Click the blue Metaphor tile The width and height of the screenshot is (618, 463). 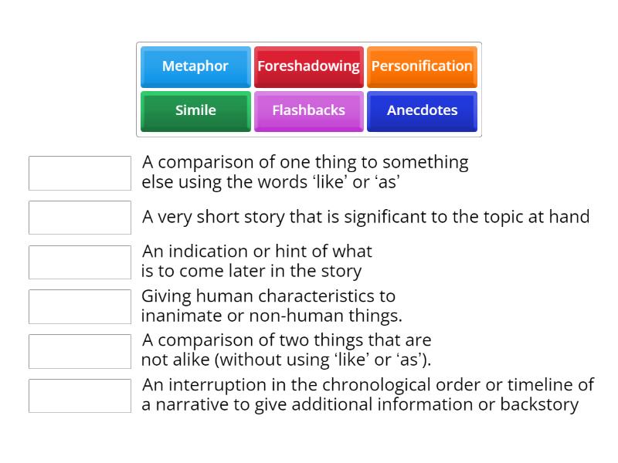coord(195,66)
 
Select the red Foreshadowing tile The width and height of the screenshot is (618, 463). coord(308,66)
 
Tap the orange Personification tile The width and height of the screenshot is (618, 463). coord(422,66)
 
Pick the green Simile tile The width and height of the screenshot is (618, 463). coord(195,110)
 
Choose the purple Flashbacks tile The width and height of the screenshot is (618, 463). coord(308,110)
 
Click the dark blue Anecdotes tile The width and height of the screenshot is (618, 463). coord(422,110)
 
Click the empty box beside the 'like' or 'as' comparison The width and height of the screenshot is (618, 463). coord(80,173)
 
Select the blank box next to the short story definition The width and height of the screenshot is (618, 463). coord(80,218)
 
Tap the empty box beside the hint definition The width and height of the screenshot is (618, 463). coord(80,262)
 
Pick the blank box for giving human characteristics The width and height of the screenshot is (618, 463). coord(80,306)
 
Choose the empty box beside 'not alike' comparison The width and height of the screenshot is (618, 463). coord(80,351)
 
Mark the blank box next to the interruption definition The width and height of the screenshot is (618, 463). coord(80,395)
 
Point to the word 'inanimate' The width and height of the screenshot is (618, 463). coord(175,316)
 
